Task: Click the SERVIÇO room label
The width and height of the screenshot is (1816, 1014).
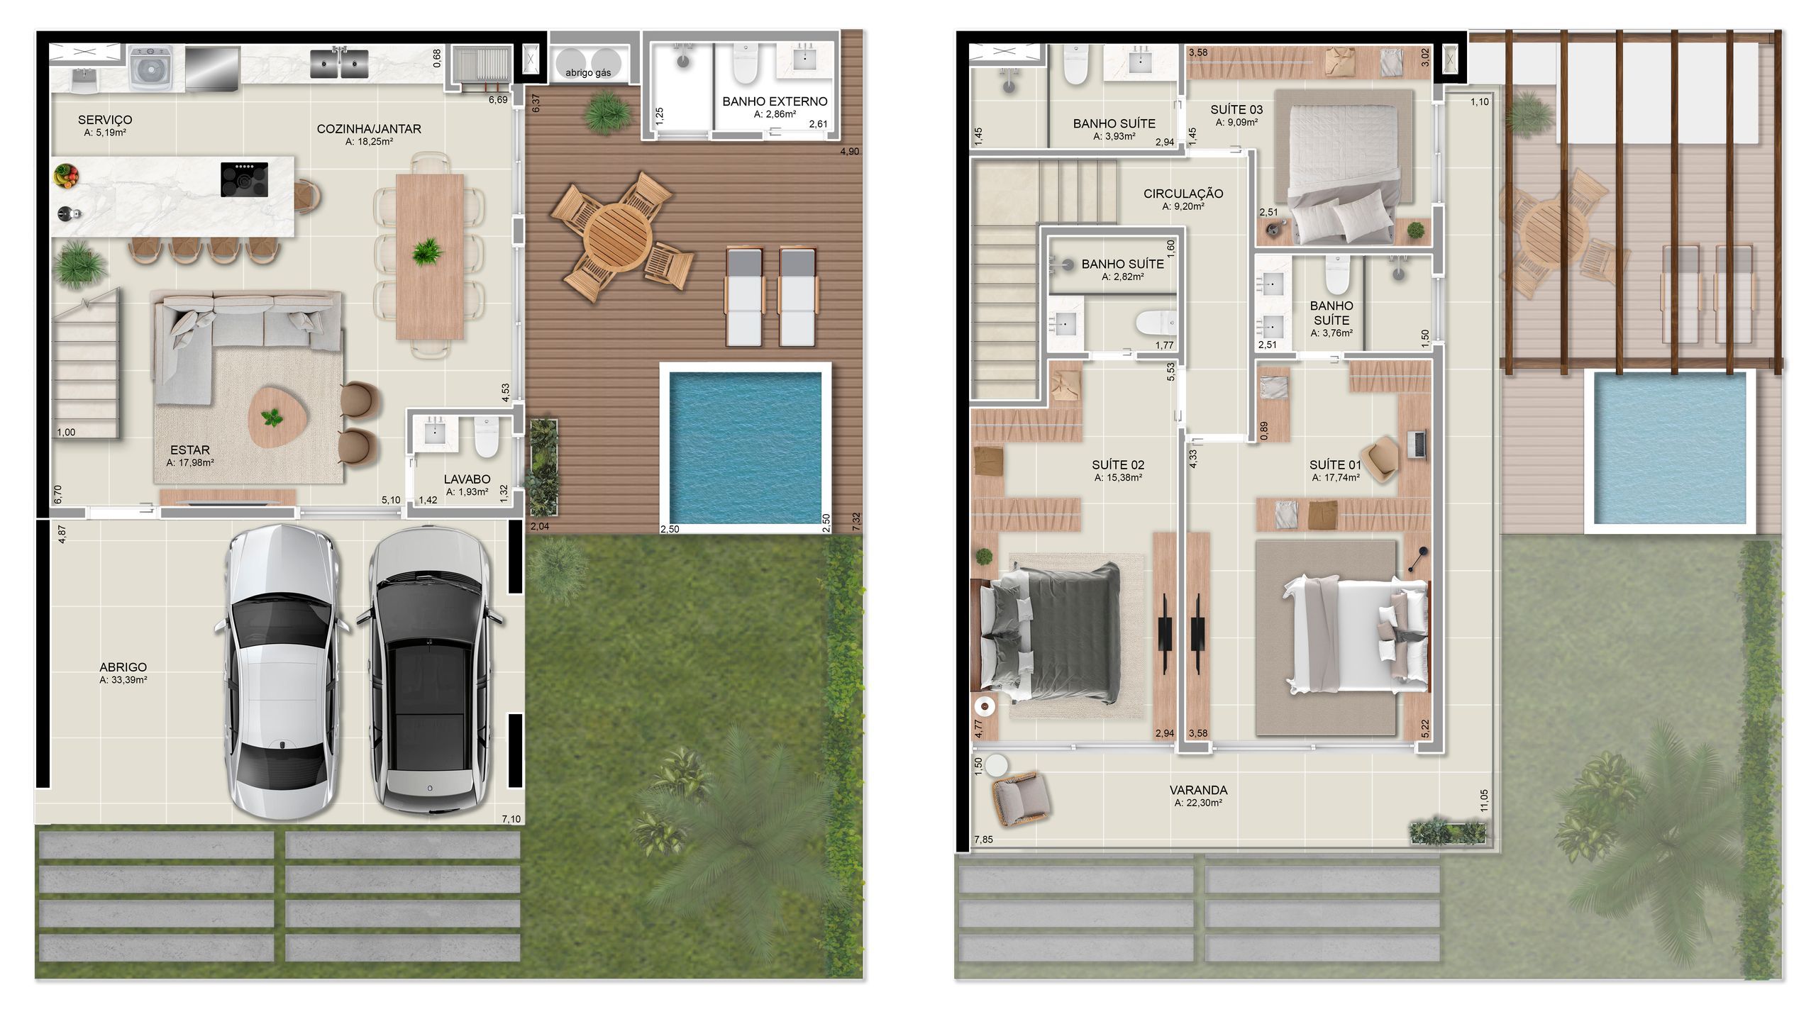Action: (x=105, y=120)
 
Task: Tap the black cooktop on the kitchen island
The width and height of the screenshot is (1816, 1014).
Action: (x=244, y=179)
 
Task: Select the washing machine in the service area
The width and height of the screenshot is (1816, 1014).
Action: (x=151, y=68)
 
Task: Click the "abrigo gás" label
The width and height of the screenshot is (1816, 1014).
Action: (x=588, y=72)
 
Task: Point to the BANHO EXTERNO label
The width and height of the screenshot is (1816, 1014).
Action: (x=775, y=101)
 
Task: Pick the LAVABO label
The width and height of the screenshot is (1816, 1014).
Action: (x=467, y=479)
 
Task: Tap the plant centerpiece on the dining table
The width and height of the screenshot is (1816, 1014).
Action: (x=427, y=251)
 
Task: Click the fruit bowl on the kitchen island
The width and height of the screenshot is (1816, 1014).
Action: (x=66, y=175)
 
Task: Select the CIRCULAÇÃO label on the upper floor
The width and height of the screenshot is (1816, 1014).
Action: (x=1183, y=194)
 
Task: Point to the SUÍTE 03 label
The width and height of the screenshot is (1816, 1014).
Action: (x=1236, y=109)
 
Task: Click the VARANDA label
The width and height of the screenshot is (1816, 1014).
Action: (x=1198, y=790)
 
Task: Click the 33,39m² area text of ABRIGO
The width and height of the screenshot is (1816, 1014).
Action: (x=123, y=680)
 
